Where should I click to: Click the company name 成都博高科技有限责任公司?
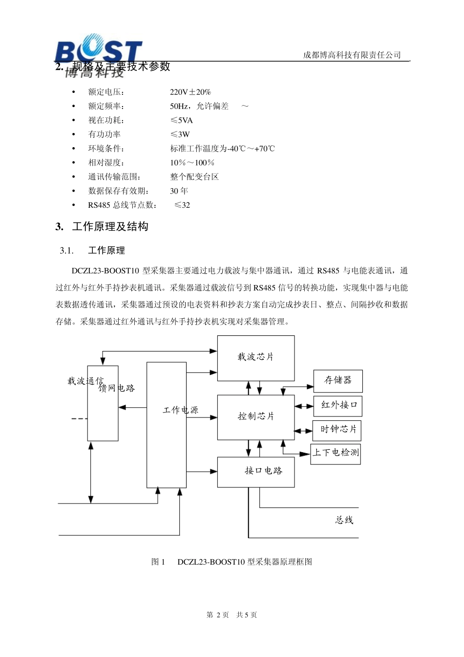(352, 55)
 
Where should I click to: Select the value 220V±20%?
(190, 92)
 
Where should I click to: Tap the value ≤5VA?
(181, 120)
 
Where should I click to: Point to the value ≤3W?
(180, 134)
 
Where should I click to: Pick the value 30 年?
(179, 191)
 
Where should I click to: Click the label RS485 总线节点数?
(123, 205)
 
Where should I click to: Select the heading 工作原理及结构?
(110, 227)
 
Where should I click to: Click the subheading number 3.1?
(66, 251)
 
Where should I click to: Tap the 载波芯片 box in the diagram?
(256, 358)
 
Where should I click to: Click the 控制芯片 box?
(256, 417)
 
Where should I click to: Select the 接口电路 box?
(256, 472)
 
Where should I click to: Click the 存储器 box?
(338, 381)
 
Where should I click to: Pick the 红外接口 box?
(338, 406)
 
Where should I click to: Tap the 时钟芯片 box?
(338, 430)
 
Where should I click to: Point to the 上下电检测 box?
(336, 453)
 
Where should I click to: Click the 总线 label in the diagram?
(344, 521)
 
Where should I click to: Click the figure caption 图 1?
(158, 562)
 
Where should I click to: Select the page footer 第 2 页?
(218, 615)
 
